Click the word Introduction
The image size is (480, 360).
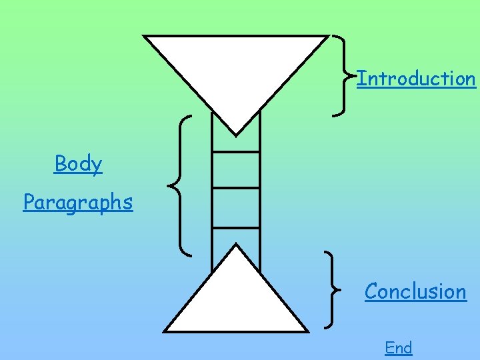point(417,79)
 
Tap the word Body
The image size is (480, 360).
point(79,163)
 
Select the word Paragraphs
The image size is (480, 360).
point(78,202)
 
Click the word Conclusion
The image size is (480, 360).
point(415,291)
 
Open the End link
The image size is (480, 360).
point(399,347)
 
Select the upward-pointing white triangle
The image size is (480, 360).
point(236,300)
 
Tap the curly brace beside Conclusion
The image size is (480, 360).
point(331,290)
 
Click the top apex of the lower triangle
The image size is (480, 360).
point(236,245)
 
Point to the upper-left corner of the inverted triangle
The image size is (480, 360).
point(146,36)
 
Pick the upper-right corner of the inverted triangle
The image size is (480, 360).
point(327,36)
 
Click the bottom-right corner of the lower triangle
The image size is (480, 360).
point(307,331)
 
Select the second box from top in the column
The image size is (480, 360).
point(236,170)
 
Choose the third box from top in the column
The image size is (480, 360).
point(236,207)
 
